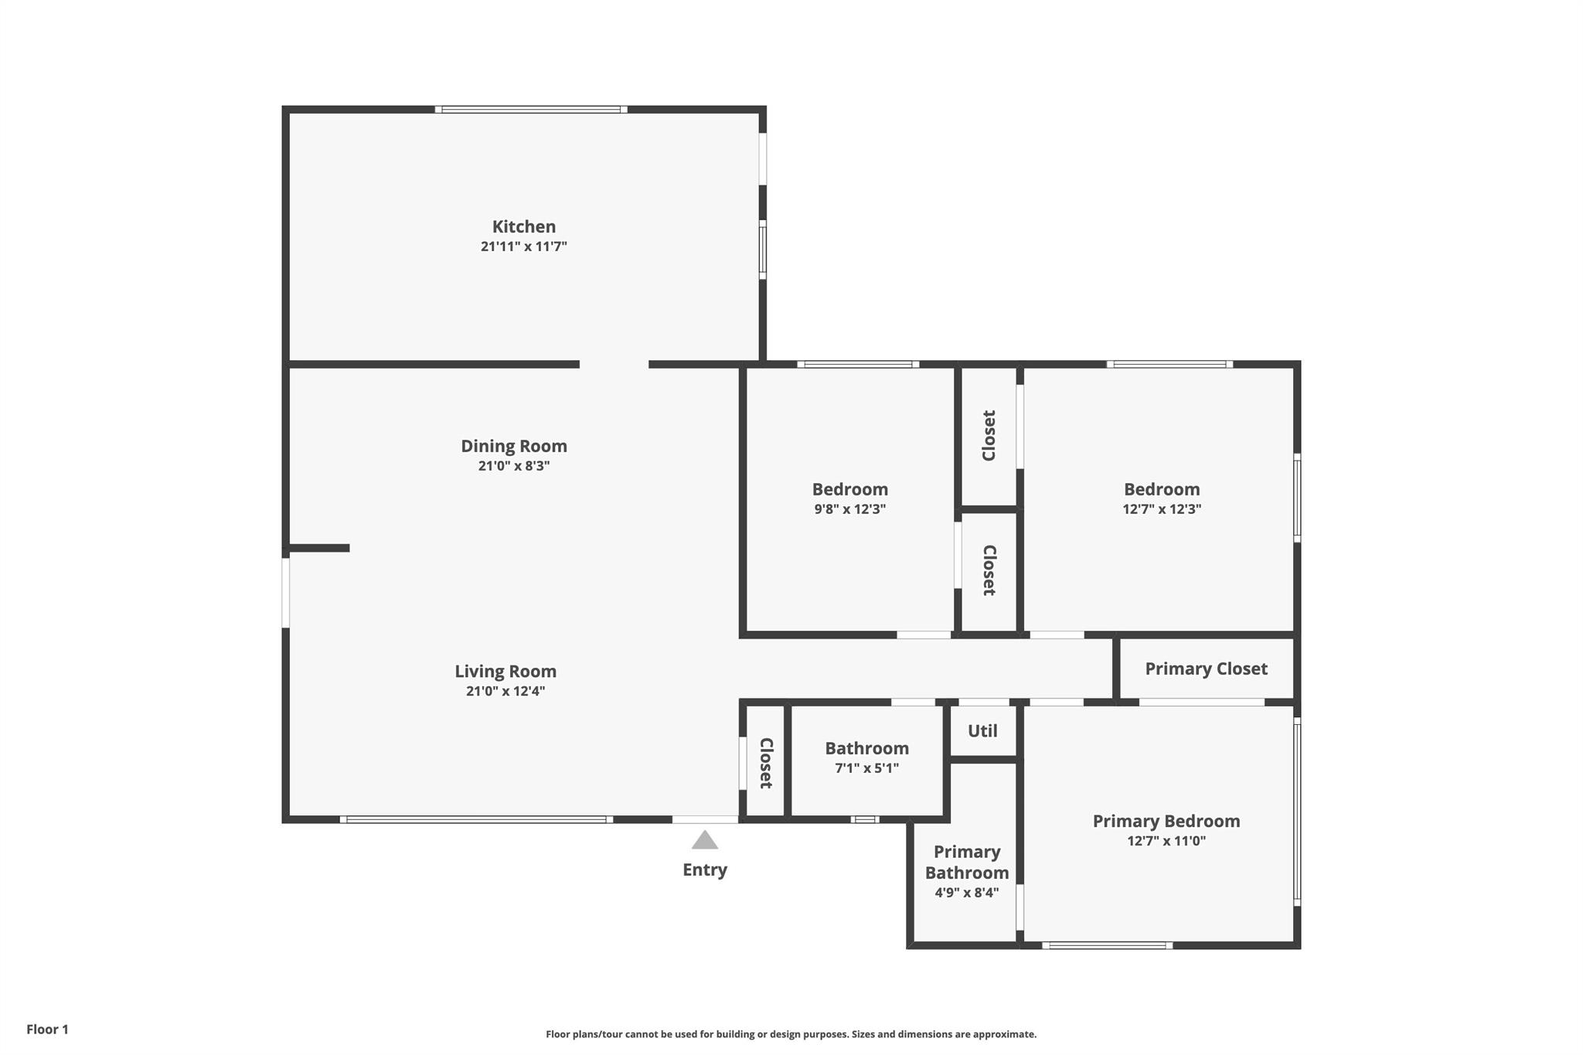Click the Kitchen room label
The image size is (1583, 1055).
click(x=524, y=226)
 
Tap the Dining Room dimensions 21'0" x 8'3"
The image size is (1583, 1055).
click(x=514, y=466)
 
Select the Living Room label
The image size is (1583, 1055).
click(x=506, y=672)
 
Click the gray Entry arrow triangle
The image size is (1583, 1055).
click(x=704, y=839)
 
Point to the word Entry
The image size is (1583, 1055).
click(x=705, y=870)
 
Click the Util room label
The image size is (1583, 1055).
click(x=982, y=730)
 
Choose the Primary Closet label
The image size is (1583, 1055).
click(x=1206, y=669)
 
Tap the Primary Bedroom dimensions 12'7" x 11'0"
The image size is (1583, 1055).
click(x=1166, y=841)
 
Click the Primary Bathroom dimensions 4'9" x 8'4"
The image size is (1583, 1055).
click(x=967, y=893)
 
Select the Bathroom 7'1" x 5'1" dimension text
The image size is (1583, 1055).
click(x=866, y=768)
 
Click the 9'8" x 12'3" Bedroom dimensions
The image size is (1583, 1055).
click(x=850, y=509)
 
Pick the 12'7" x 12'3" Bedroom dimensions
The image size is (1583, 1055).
click(x=1162, y=509)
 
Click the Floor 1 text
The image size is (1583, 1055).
click(x=47, y=1029)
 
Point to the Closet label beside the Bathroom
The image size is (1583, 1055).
click(x=766, y=763)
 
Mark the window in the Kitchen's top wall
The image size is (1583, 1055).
click(x=531, y=110)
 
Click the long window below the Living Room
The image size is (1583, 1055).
click(x=476, y=819)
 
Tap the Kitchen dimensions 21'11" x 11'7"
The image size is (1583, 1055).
click(x=524, y=247)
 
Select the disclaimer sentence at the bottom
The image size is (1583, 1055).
click(x=791, y=1034)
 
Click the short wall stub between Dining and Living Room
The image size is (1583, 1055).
click(x=318, y=548)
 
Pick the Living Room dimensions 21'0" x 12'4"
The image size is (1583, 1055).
click(x=506, y=691)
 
